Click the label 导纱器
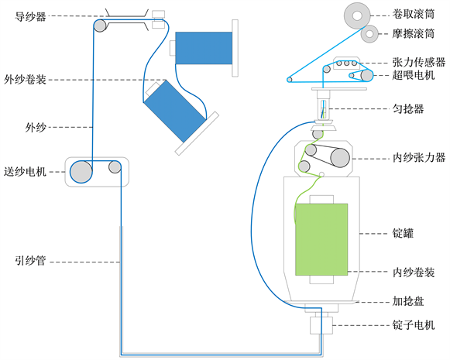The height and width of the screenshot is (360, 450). click(30, 16)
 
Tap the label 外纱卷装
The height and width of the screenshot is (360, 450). click(25, 80)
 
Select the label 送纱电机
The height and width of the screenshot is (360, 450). click(25, 172)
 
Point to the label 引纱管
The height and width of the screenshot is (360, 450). click(30, 261)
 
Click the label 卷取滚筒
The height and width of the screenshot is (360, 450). click(414, 14)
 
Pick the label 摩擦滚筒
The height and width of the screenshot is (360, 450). click(414, 33)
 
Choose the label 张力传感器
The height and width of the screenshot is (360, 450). click(419, 62)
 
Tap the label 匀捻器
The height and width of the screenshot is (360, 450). click(408, 108)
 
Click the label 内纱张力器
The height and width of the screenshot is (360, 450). click(419, 157)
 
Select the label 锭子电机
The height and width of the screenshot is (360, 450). click(414, 325)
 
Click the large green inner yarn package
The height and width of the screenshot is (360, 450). click(321, 239)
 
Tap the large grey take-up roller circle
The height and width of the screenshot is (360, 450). click(357, 15)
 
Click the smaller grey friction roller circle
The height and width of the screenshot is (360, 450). click(369, 34)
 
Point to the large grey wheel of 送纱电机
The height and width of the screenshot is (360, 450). click(81, 172)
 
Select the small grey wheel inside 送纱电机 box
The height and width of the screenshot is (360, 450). click(115, 167)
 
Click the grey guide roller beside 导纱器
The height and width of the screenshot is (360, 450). click(100, 26)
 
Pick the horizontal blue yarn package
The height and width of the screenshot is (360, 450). click(204, 48)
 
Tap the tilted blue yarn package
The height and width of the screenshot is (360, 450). click(175, 111)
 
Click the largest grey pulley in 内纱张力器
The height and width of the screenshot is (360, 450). click(340, 157)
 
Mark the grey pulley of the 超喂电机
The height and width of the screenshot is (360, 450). click(366, 75)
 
